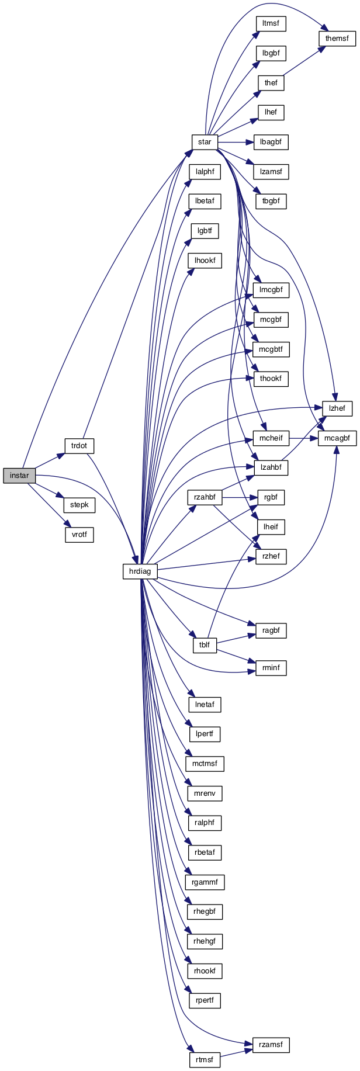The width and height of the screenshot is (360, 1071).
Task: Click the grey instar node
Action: pos(19,476)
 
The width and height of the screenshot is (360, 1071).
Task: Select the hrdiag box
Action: pos(140,571)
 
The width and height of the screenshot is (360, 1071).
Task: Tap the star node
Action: pos(205,142)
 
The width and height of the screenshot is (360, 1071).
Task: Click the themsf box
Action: pos(337,39)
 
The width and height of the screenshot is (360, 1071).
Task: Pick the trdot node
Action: pos(79,446)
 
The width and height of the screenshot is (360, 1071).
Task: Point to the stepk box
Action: pos(79,505)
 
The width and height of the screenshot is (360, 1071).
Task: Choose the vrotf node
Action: pos(79,535)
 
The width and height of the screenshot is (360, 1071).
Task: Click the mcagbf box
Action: pos(337,438)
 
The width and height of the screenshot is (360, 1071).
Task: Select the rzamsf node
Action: pos(271,1045)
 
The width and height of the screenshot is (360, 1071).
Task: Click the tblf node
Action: pos(205,646)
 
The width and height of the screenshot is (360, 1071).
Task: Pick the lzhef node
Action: pos(337,408)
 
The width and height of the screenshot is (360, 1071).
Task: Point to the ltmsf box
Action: pos(271,24)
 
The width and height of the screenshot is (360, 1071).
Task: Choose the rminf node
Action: pos(271,668)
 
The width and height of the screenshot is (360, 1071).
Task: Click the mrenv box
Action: pos(205,793)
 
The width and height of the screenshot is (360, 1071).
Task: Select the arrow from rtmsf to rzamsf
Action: pos(236,1052)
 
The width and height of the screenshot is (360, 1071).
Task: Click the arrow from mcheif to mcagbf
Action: pos(303,438)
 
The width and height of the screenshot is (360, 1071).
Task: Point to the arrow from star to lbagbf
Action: pos(235,142)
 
